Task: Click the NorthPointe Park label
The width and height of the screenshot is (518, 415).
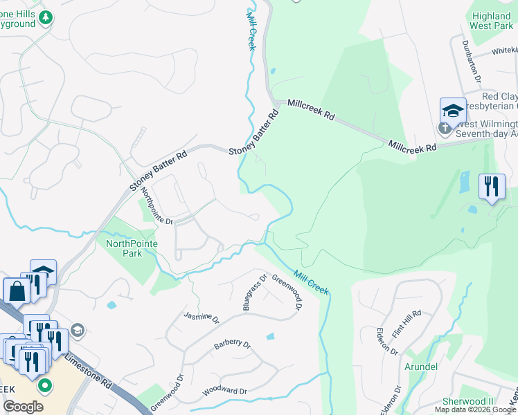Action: (x=132, y=248)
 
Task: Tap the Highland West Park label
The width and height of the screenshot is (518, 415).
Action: (x=491, y=20)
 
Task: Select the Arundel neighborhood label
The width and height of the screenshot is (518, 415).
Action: (x=420, y=367)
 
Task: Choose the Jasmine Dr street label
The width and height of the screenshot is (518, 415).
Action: (x=202, y=318)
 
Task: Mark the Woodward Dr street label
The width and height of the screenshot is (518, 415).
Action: (x=224, y=391)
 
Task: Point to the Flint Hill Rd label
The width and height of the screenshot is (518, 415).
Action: (x=407, y=324)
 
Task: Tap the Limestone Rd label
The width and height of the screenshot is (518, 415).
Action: (x=88, y=370)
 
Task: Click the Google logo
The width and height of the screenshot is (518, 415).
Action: (x=24, y=407)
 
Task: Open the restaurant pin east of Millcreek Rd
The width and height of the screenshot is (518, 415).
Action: (x=492, y=187)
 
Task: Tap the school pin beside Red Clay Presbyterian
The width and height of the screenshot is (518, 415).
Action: (x=453, y=110)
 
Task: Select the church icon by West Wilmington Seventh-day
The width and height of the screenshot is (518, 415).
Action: (x=444, y=128)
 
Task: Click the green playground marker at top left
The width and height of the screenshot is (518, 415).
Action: (x=46, y=17)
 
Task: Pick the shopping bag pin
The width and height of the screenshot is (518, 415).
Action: (x=16, y=291)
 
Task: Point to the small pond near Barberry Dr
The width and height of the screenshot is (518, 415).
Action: (x=269, y=337)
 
